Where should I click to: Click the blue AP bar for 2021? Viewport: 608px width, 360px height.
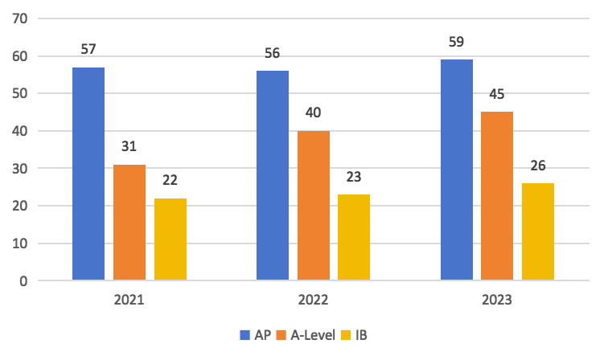click(88, 174)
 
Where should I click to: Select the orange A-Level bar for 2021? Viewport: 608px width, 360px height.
click(129, 223)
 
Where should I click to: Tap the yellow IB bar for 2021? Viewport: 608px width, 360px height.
click(170, 239)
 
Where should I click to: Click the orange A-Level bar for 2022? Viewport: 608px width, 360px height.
click(314, 206)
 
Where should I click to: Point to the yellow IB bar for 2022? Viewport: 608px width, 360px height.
click(354, 237)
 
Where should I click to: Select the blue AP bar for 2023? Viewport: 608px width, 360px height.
click(457, 170)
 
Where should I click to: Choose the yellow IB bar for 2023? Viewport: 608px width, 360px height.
click(538, 231)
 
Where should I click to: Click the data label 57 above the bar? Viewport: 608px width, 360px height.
click(88, 50)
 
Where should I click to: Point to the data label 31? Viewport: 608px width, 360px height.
click(129, 147)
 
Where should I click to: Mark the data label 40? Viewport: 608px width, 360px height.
click(314, 113)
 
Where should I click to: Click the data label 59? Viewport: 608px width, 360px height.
click(457, 42)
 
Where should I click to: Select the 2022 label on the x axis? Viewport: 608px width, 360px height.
click(313, 301)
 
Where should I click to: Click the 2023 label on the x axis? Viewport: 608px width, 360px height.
click(497, 301)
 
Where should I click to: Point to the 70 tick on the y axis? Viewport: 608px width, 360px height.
click(18, 18)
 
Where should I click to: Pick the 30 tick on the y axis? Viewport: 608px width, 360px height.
click(18, 169)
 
